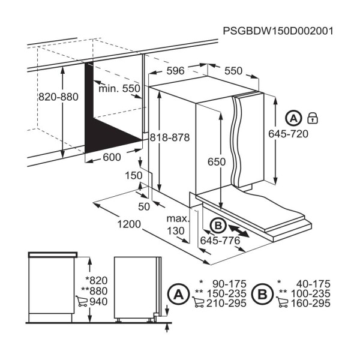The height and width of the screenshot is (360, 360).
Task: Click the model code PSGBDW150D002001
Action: tap(278, 31)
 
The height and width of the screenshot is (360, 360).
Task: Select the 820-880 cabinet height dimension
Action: tap(58, 97)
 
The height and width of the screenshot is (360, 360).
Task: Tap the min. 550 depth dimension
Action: tap(119, 88)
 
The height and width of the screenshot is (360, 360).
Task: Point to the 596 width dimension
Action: tap(175, 71)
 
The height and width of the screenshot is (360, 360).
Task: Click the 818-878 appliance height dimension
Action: tap(170, 137)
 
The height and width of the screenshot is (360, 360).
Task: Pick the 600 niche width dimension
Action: tap(112, 157)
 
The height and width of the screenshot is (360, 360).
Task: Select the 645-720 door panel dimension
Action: tap(288, 134)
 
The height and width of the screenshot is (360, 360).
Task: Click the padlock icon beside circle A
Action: tap(313, 118)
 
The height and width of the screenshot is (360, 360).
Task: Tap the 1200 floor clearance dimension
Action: tap(129, 224)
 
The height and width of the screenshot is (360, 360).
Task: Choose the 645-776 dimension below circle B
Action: tap(220, 241)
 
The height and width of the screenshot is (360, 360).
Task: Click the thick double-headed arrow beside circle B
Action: tap(239, 231)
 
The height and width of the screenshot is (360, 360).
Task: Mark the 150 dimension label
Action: tap(134, 176)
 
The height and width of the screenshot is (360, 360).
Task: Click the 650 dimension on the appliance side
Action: tap(217, 162)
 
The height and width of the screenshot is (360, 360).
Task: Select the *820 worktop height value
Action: tap(97, 280)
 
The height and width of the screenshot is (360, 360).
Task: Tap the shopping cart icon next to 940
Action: tap(82, 301)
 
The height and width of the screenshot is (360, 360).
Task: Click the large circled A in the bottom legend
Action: tap(179, 294)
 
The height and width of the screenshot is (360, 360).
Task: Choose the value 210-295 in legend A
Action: tap(226, 303)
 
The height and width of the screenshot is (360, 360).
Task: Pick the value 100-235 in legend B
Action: tap(310, 293)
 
